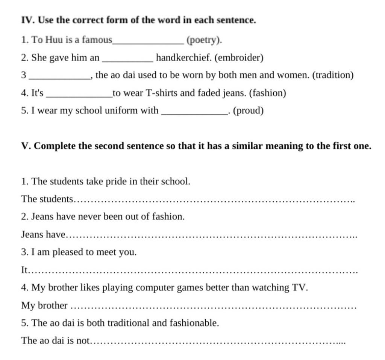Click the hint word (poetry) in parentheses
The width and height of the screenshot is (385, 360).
click(203, 40)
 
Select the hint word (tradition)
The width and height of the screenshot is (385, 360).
click(333, 75)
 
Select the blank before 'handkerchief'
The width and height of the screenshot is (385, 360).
click(128, 61)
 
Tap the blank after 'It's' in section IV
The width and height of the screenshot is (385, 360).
click(79, 96)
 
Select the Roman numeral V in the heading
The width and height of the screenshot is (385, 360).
click(26, 146)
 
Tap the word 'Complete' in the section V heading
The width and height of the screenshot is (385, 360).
click(55, 146)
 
